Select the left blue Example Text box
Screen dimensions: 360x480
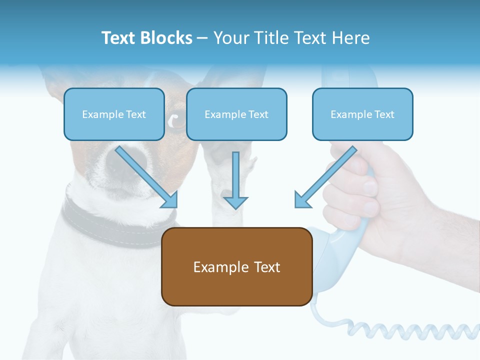(114, 114)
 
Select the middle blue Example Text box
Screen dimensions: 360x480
(236, 114)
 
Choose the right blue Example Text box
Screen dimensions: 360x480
(362, 114)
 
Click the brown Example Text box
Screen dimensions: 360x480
(236, 266)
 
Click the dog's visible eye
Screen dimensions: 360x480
(175, 120)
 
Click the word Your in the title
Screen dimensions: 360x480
(228, 38)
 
